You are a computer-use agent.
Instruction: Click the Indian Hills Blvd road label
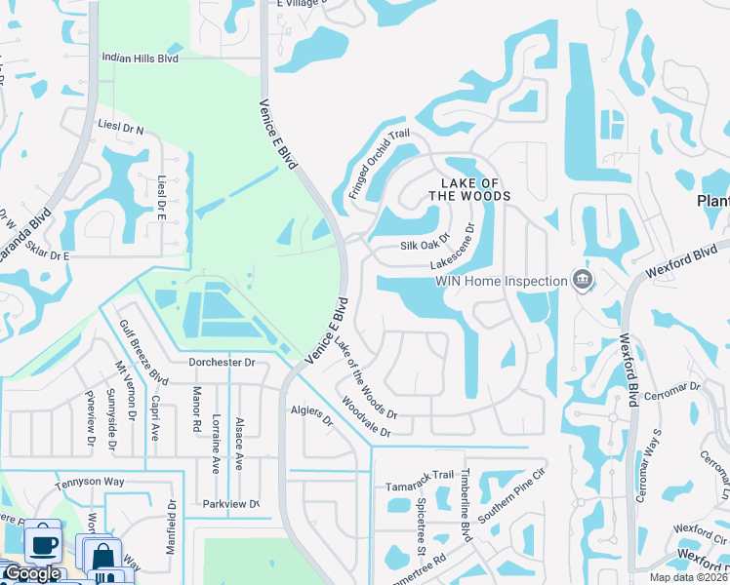(141, 58)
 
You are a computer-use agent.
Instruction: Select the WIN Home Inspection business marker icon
(583, 281)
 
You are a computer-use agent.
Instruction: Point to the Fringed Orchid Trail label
(380, 166)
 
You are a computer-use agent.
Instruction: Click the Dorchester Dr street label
(222, 362)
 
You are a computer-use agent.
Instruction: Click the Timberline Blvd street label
(466, 504)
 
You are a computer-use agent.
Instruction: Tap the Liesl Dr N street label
(121, 128)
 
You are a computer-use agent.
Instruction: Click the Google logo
(32, 573)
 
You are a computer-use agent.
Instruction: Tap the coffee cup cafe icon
(42, 542)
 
